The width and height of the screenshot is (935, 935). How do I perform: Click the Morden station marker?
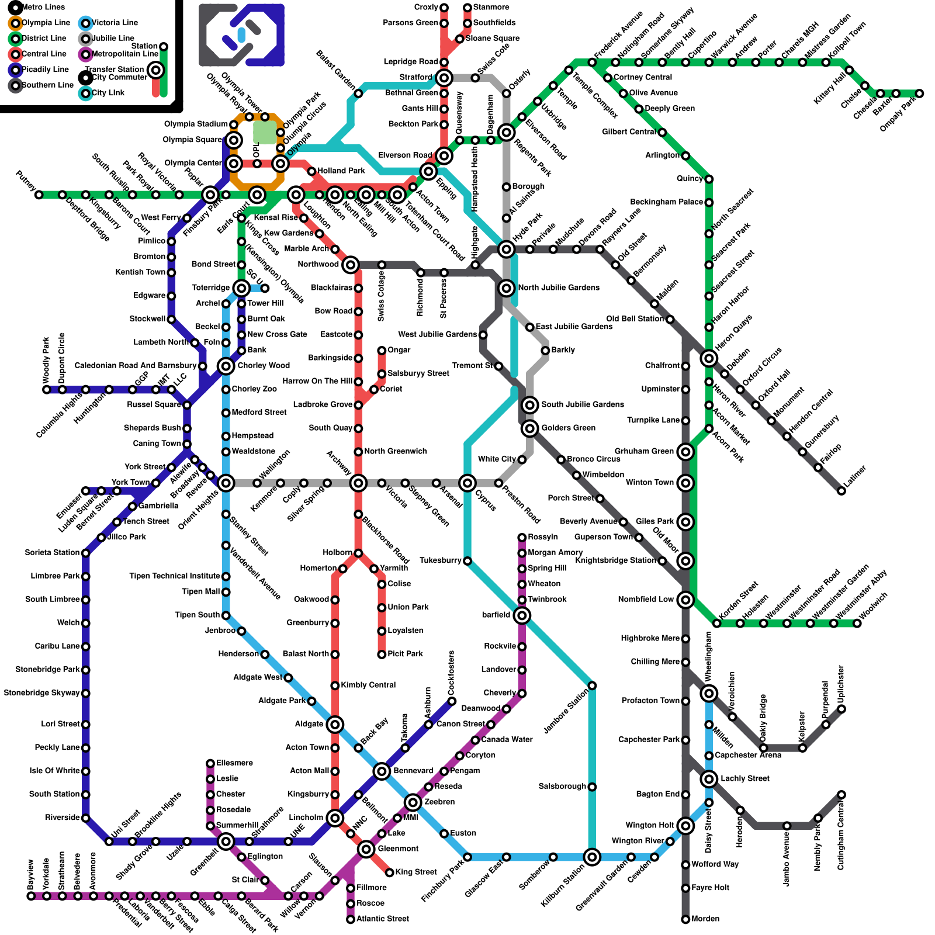click(x=685, y=919)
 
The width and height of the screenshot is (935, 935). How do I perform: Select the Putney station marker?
click(x=39, y=195)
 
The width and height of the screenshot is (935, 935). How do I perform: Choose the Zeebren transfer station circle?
click(x=413, y=802)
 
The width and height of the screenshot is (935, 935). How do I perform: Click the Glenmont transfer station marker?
click(x=366, y=849)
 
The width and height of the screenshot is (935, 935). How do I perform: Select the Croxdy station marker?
click(x=444, y=8)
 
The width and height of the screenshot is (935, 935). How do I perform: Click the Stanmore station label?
click(x=491, y=7)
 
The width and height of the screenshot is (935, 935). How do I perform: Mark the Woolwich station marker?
click(x=857, y=623)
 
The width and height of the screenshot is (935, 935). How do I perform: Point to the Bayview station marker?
click(x=31, y=896)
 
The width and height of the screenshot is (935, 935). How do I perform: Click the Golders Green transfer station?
click(x=530, y=428)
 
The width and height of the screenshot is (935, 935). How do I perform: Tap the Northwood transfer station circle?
click(x=350, y=265)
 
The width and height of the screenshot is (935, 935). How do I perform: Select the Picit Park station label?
click(x=405, y=654)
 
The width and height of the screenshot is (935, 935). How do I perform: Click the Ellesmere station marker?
click(x=210, y=763)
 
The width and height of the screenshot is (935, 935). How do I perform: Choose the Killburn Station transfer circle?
click(x=592, y=857)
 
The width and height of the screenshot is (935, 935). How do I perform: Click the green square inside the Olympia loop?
click(x=265, y=133)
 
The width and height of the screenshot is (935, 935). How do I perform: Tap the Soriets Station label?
click(x=52, y=552)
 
